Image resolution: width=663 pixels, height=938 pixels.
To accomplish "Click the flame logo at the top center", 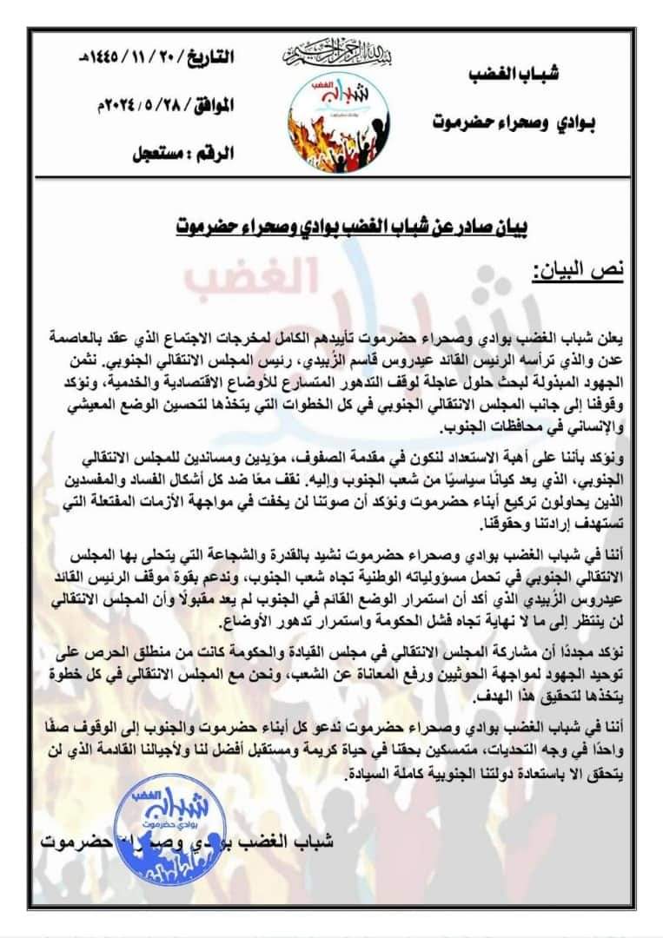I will [330, 122].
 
